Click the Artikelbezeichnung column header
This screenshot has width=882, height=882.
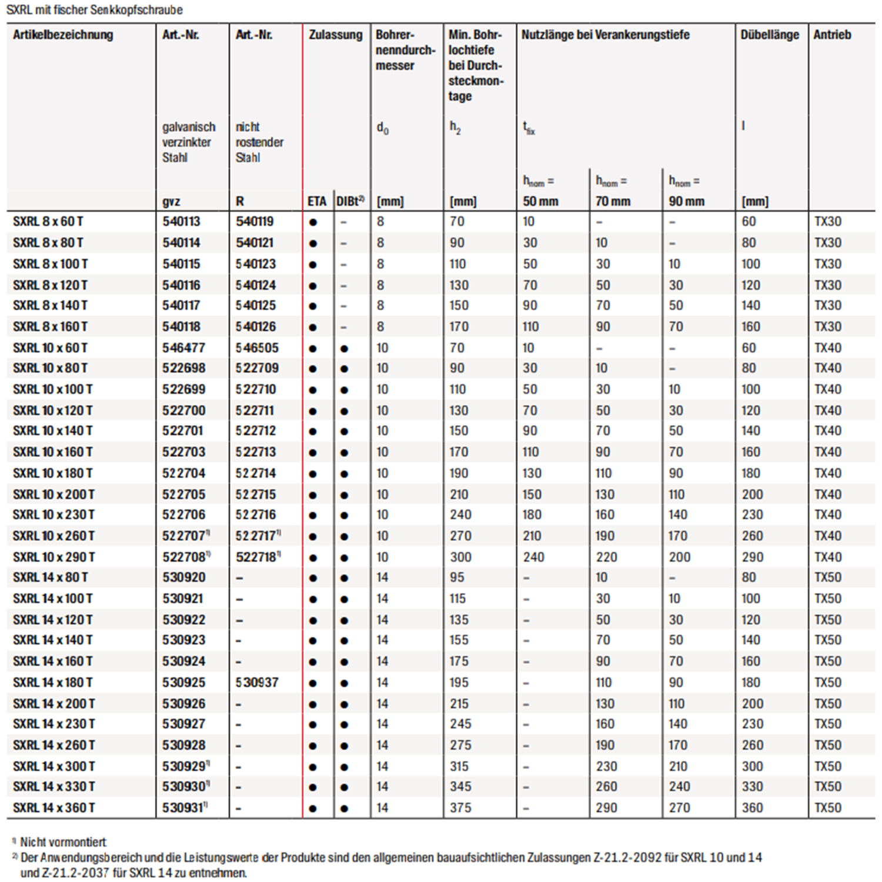(x=63, y=35)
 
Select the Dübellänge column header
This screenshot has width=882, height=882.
(x=769, y=35)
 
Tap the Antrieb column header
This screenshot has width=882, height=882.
(x=832, y=35)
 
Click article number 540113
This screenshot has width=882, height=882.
(x=181, y=222)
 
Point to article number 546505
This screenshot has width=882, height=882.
(x=257, y=348)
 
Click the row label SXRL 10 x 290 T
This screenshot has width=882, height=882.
(x=54, y=557)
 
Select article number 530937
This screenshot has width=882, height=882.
(x=257, y=683)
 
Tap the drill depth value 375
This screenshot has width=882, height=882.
(x=460, y=808)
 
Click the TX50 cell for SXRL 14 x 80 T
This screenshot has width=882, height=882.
(x=827, y=577)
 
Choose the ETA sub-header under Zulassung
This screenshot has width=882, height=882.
(x=316, y=202)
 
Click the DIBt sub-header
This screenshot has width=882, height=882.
(x=350, y=202)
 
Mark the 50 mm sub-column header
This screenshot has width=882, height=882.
(x=540, y=202)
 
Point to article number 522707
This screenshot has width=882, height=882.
(x=185, y=536)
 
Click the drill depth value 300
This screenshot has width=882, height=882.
(x=460, y=557)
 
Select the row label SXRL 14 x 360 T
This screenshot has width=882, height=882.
(x=54, y=808)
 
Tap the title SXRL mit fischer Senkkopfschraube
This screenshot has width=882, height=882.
(x=95, y=10)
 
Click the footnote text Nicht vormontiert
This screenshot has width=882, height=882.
(x=63, y=842)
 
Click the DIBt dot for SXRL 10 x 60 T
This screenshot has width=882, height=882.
(x=344, y=349)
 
